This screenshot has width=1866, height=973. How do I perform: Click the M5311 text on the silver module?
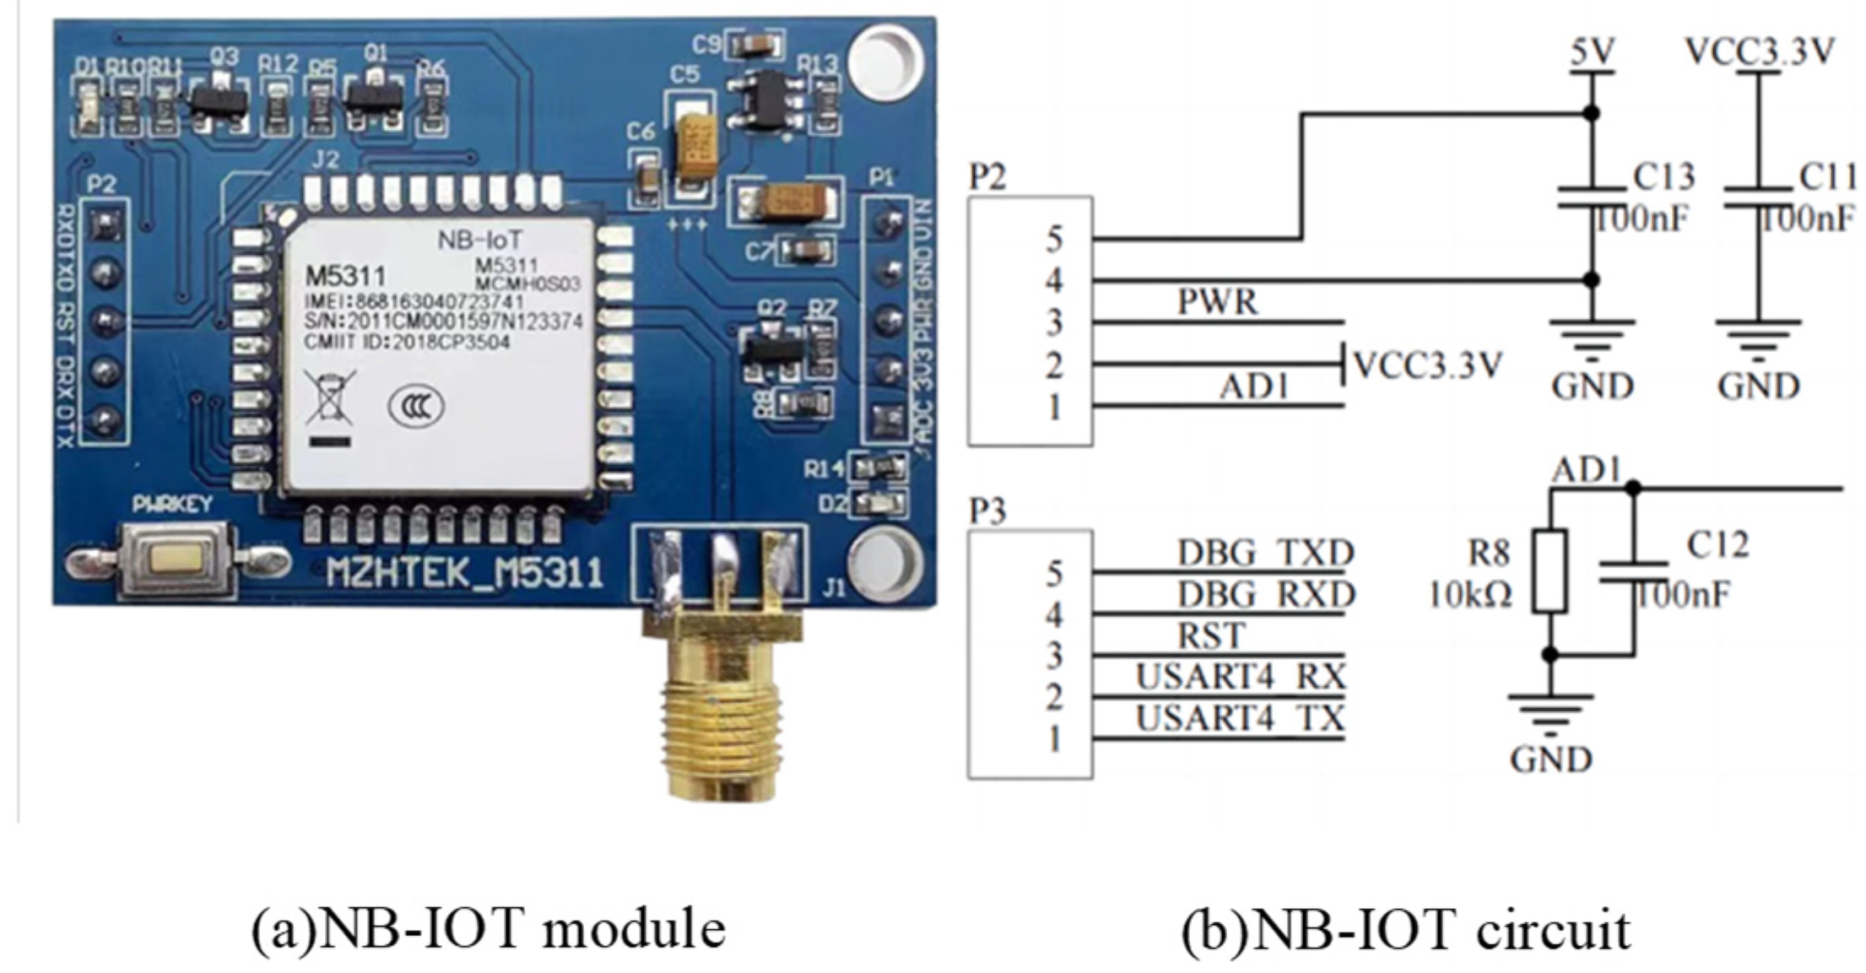tap(345, 276)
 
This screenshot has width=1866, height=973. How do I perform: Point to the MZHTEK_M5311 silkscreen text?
tap(465, 574)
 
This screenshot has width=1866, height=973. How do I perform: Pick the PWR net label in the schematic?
tap(1218, 302)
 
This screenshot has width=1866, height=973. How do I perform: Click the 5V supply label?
tap(1591, 52)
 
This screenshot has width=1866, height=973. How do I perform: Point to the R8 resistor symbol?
tap(1550, 571)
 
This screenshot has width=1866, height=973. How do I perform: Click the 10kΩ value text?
tap(1469, 596)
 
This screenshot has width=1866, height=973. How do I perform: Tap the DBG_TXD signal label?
tap(1265, 553)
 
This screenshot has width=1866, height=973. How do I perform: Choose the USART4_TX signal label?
tap(1239, 719)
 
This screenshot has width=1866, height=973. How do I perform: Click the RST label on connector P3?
tap(1211, 635)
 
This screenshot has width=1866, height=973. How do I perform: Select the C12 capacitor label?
tap(1717, 546)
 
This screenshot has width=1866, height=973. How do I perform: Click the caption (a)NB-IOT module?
tap(489, 929)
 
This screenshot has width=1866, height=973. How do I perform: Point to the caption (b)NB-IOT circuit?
tap(1405, 929)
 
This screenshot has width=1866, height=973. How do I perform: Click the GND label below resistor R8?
tap(1550, 759)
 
